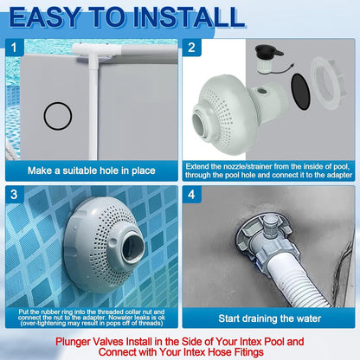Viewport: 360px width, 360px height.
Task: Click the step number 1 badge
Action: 14,48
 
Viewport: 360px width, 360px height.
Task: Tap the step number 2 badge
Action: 191,48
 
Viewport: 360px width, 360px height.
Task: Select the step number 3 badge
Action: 14,195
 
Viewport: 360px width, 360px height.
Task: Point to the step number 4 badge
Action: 191,195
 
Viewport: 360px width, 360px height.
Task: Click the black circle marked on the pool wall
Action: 44,116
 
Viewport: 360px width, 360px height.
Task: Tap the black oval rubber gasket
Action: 300,91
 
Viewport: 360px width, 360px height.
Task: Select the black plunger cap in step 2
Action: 268,52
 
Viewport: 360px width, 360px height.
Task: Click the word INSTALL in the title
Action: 189,18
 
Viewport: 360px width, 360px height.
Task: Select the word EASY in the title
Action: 45,17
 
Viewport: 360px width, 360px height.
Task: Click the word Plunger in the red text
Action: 73,342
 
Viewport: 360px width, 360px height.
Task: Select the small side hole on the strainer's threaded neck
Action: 262,92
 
